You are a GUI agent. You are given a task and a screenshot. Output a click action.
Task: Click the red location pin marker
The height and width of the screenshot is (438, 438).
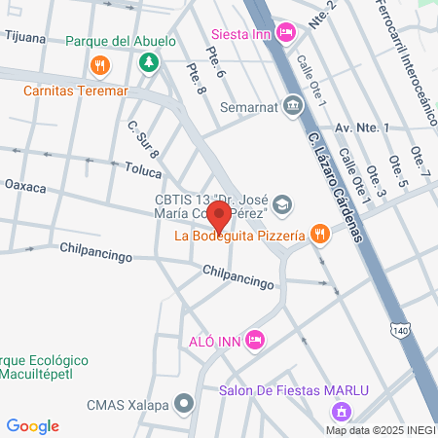(x=220, y=215)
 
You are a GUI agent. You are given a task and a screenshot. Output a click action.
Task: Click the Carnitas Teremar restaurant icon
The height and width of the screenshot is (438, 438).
(x=98, y=66)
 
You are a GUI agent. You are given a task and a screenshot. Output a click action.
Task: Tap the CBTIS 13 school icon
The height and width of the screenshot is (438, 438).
(x=281, y=203)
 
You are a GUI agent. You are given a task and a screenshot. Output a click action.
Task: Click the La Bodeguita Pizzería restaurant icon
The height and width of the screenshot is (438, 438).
(x=318, y=233)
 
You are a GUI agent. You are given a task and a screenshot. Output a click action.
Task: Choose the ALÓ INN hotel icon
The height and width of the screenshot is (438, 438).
(x=255, y=340)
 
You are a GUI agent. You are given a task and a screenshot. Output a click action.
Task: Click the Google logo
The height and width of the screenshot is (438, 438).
(x=32, y=426)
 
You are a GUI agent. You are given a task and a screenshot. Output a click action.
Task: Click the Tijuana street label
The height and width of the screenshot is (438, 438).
(x=25, y=35)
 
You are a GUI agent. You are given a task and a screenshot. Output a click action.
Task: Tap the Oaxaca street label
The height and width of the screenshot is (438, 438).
(x=25, y=185)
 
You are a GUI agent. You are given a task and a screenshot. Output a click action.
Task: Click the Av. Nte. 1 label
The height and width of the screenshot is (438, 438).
(x=361, y=128)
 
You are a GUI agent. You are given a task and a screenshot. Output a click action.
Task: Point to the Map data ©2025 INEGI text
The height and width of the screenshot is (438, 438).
(x=381, y=429)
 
